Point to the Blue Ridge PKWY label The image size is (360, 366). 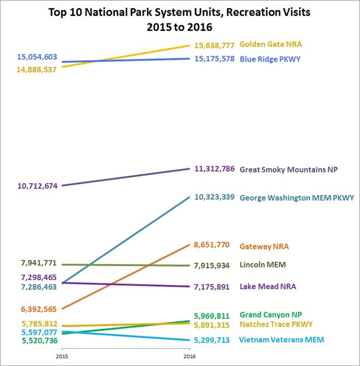(270, 59)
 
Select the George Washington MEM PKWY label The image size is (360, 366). (296, 197)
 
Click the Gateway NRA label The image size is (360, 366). (265, 246)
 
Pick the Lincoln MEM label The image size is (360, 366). (263, 265)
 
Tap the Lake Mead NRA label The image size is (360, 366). (268, 287)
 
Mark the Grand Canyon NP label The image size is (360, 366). (270, 314)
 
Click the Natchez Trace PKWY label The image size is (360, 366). (276, 324)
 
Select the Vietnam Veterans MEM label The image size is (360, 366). (281, 340)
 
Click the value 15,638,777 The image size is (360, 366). (210, 44)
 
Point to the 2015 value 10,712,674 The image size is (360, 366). (37, 186)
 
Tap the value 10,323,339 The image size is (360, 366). (210, 197)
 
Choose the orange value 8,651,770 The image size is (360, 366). (211, 246)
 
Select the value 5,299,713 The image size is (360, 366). (211, 340)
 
